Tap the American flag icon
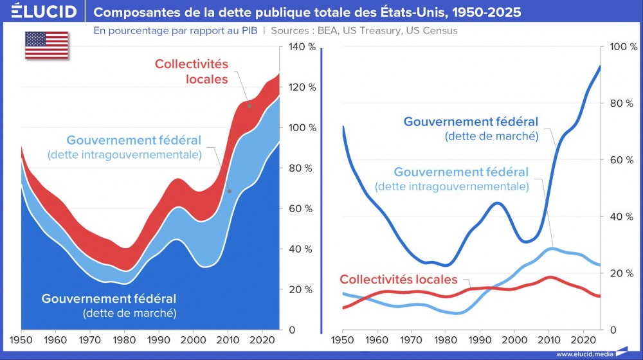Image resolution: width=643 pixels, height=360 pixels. [x=46, y=44]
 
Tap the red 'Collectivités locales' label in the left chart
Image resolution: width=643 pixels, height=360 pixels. [x=191, y=71]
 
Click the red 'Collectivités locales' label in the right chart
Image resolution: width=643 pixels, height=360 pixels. [x=399, y=280]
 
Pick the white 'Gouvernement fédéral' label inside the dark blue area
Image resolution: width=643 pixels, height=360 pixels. [x=109, y=299]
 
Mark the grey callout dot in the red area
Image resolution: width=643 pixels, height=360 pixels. [x=249, y=105]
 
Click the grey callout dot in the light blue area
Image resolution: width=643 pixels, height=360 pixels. [x=229, y=192]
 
